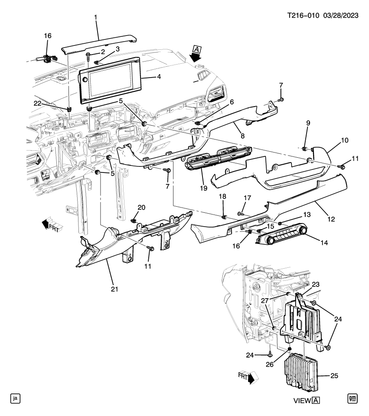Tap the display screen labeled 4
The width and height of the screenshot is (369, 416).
(110, 81)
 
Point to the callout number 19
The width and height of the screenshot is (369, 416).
(203, 188)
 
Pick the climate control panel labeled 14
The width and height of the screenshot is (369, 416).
(282, 238)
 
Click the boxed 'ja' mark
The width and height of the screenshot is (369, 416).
(16, 398)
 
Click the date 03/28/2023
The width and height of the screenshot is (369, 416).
(341, 15)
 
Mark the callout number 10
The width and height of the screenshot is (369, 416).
(344, 140)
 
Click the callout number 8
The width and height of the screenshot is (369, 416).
(242, 136)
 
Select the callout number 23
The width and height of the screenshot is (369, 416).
(316, 284)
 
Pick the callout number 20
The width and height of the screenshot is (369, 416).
(141, 207)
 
